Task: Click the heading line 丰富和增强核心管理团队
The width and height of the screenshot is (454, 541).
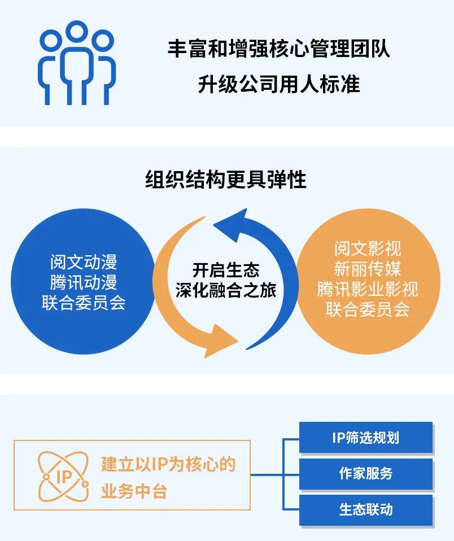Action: pos(278,49)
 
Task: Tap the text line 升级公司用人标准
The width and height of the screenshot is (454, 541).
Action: pos(278,85)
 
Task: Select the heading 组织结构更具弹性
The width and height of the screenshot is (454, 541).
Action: pos(226,180)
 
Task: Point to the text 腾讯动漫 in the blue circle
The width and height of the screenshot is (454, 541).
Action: pos(83,282)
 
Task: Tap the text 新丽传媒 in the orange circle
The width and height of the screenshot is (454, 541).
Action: pos(367,268)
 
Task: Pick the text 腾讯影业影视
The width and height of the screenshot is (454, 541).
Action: pos(367,289)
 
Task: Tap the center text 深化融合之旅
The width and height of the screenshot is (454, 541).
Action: pos(226,291)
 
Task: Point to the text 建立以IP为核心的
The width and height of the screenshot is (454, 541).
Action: pos(168,464)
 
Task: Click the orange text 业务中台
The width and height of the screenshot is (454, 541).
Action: pos(134,491)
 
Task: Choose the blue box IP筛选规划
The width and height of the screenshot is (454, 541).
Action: pos(365,438)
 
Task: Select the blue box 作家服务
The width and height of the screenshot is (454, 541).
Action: pos(365,474)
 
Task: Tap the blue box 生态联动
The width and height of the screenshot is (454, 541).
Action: pos(365,509)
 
